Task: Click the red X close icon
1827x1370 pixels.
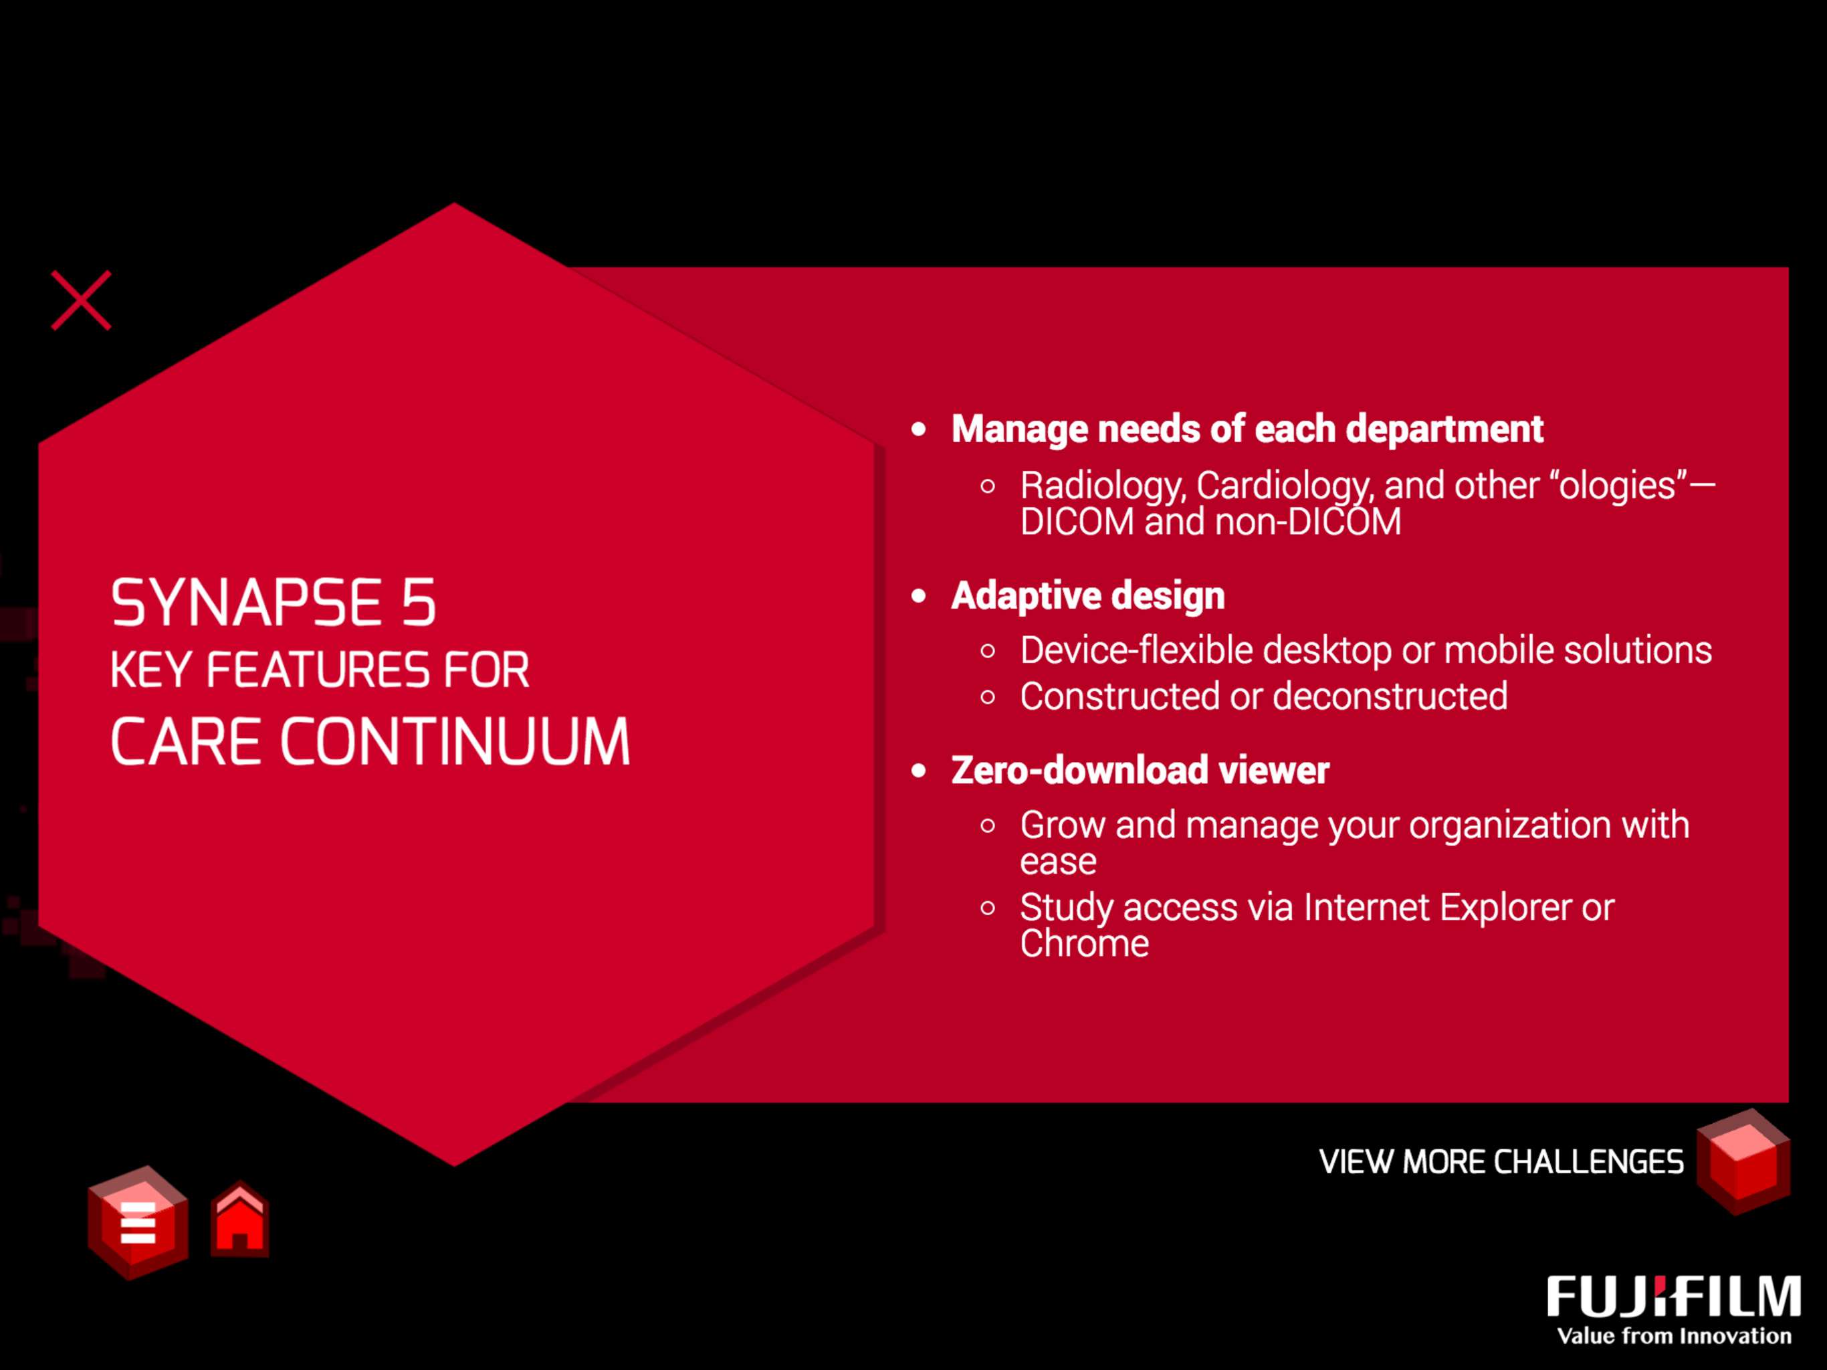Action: [x=81, y=300]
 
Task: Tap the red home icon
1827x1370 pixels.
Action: [x=239, y=1219]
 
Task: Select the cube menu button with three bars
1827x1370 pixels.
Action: [x=138, y=1222]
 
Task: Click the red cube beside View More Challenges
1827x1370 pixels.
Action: [x=1743, y=1161]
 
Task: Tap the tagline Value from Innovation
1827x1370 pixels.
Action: [x=1675, y=1336]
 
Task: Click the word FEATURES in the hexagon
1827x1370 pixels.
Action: [x=318, y=670]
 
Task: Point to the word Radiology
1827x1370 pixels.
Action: [x=1103, y=486]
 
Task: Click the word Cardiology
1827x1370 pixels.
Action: [x=1285, y=486]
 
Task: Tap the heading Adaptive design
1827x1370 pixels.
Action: [x=1088, y=596]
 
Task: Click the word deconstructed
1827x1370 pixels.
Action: [x=1390, y=696]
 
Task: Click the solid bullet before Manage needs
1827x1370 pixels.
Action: [x=918, y=429]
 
